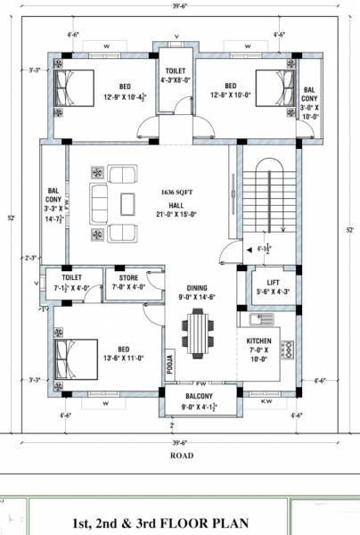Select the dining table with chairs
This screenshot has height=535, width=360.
point(197,332)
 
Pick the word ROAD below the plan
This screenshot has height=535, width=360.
point(182,455)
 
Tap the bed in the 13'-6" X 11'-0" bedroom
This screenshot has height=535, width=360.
point(72,355)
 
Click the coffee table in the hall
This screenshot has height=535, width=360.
point(128,203)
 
